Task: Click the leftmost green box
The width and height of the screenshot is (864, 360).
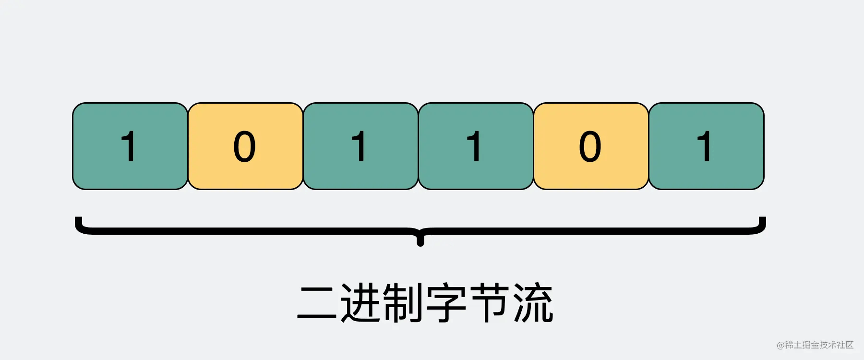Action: [x=130, y=146]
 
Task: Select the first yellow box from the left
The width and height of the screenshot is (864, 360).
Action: [x=245, y=146]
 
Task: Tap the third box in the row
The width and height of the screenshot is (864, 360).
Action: [x=360, y=146]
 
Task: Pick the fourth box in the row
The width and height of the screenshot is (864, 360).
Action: [x=476, y=146]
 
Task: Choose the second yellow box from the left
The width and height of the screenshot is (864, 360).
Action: [x=591, y=146]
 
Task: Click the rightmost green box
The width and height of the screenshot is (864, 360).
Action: [x=706, y=146]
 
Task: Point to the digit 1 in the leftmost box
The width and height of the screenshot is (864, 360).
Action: [x=129, y=146]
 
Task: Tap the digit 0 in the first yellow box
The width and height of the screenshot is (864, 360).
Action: [x=244, y=146]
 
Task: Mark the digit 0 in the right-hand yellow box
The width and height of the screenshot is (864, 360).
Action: [x=590, y=146]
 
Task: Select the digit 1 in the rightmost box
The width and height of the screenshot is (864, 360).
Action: [x=705, y=146]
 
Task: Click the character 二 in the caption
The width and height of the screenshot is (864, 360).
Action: [x=317, y=303]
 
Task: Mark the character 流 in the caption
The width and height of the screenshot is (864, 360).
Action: [x=533, y=303]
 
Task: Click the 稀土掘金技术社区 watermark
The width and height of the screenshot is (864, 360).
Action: [x=819, y=345]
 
